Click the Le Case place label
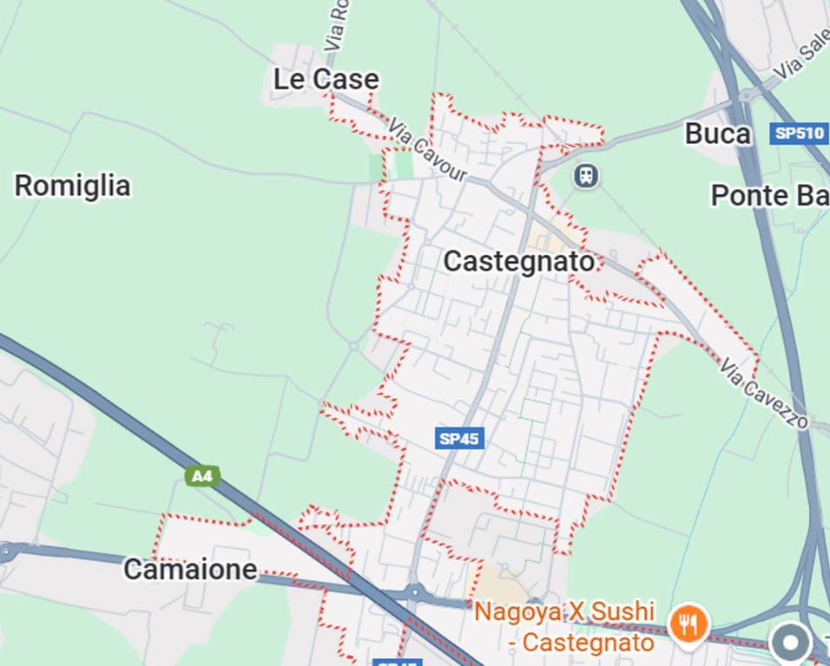point(326,80)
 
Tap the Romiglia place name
point(73,186)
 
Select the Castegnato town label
point(519,261)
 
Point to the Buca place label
point(717,134)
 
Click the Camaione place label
point(190,570)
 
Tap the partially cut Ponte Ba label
point(769,195)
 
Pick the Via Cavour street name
point(428,153)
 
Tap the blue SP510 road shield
point(798,134)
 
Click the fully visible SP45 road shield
point(459,439)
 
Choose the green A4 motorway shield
point(201,475)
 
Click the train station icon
point(586,176)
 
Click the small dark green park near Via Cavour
point(404,165)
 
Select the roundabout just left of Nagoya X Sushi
point(414,592)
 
